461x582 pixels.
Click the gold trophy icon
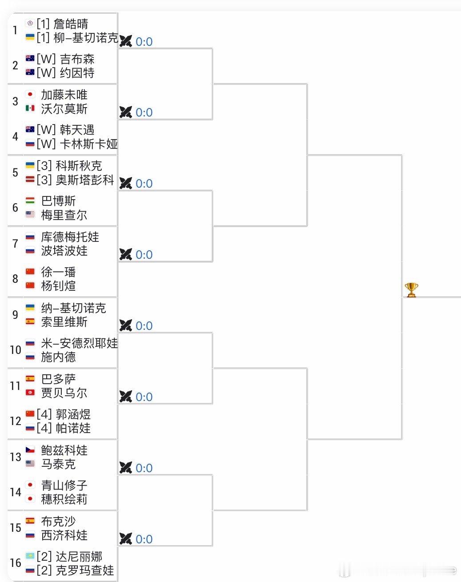point(411,290)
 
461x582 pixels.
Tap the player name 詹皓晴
point(71,24)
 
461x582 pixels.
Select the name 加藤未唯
point(64,95)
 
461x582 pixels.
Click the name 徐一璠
point(58,272)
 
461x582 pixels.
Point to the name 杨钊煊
point(58,286)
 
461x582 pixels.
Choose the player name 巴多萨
point(58,379)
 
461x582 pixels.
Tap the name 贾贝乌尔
point(64,393)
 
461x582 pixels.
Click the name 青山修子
point(64,486)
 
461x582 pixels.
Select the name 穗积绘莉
point(64,499)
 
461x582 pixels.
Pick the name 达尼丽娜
point(79,557)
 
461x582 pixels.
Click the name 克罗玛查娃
point(84,570)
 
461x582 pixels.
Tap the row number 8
point(15,279)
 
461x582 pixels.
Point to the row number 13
point(15,457)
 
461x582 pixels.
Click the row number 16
point(15,563)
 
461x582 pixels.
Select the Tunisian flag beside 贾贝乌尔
point(30,392)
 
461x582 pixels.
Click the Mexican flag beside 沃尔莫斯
point(30,108)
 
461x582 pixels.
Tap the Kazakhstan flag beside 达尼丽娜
point(30,556)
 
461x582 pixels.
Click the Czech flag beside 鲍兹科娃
point(30,450)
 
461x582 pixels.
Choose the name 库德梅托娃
point(70,237)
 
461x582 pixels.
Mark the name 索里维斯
point(64,321)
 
